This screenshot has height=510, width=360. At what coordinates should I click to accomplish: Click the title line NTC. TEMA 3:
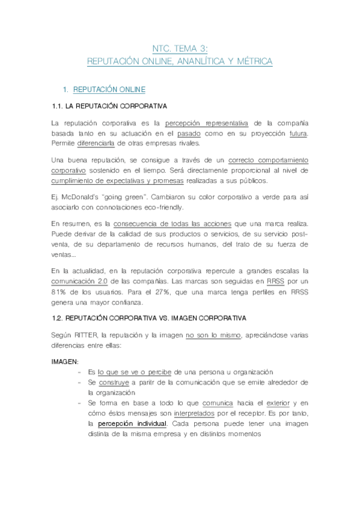(180, 49)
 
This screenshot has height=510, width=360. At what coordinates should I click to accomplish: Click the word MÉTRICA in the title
(252, 61)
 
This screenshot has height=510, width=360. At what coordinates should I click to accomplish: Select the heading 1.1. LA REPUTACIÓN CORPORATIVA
(110, 106)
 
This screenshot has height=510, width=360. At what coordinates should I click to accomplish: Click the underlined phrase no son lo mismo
(213, 335)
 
